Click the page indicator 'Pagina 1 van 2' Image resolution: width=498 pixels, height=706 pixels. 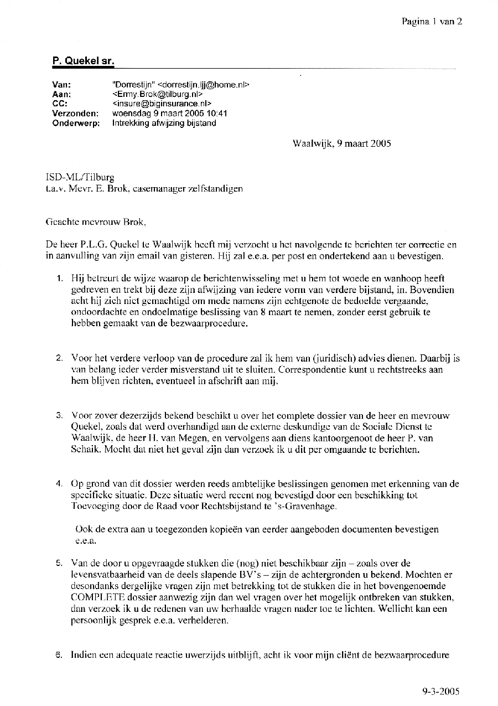[432, 22]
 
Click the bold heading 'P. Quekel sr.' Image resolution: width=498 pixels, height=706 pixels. [83, 61]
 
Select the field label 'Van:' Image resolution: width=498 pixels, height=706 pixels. [61, 85]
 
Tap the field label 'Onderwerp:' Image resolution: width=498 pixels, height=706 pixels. [76, 123]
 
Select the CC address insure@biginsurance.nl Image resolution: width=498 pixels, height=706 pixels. [162, 104]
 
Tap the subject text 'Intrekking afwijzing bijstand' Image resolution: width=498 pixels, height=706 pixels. [164, 123]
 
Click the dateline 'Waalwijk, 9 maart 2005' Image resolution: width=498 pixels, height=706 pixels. [341, 143]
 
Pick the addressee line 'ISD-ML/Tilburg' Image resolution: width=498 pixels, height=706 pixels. [80, 178]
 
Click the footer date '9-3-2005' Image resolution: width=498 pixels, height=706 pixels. [440, 690]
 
